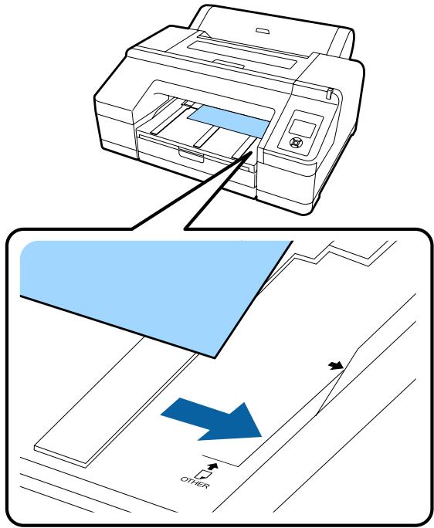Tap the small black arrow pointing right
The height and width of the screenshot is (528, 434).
pyautogui.click(x=334, y=367)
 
